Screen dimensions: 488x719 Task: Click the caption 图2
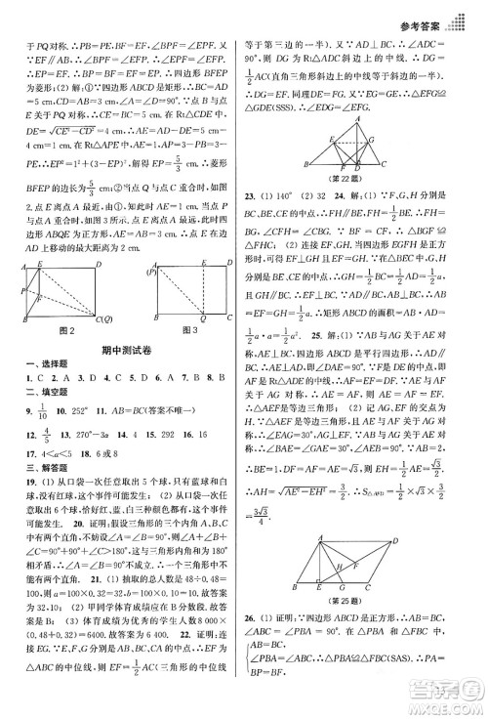pyautogui.click(x=65, y=330)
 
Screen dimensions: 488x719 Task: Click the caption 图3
pyautogui.click(x=188, y=330)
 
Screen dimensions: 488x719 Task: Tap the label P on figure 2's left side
pyautogui.click(x=22, y=290)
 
